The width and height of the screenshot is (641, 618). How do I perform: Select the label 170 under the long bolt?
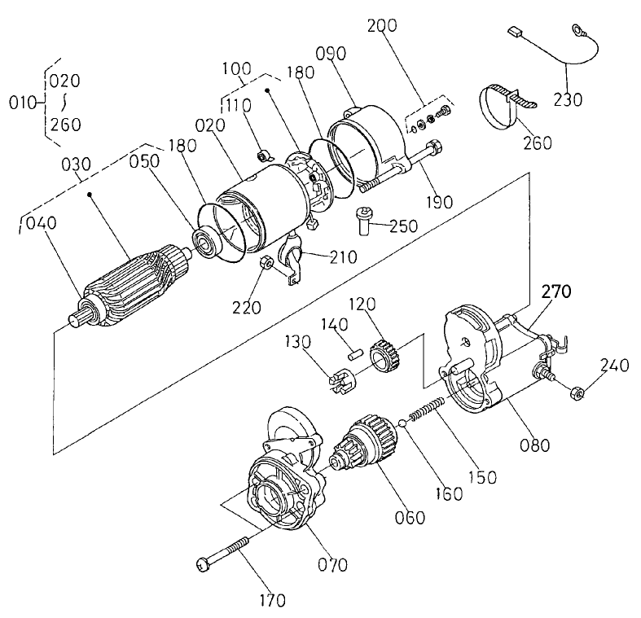[x=272, y=601]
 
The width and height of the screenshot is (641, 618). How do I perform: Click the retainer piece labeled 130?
[x=341, y=381]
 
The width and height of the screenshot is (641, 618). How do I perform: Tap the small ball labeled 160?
[x=403, y=423]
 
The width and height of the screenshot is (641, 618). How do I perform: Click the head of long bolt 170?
[x=204, y=563]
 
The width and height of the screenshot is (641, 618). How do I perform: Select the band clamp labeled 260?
[x=498, y=105]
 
